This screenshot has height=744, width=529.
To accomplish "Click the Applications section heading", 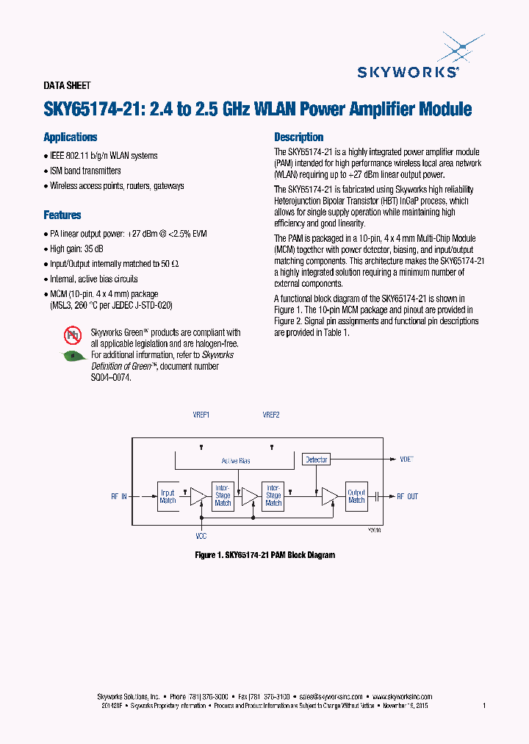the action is (71, 137).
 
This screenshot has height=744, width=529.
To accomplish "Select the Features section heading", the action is (62, 215).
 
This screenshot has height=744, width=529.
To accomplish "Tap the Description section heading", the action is (299, 137).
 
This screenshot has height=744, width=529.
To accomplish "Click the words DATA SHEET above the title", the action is (67, 86).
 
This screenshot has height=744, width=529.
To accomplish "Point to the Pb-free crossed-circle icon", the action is (73, 335).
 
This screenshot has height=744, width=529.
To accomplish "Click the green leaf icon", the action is (73, 356).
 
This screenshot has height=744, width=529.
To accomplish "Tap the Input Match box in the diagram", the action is (168, 496).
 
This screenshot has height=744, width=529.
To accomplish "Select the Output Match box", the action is (356, 496).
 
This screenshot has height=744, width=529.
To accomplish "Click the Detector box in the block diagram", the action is (316, 459).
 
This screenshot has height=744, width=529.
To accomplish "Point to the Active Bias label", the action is (236, 461).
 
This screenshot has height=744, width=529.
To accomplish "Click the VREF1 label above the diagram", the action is (201, 415).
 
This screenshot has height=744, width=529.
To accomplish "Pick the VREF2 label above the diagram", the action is (271, 415).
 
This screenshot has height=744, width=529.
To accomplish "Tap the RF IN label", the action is (119, 497).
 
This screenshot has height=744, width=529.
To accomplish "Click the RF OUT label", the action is (407, 497).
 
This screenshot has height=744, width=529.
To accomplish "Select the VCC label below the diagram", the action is (202, 537).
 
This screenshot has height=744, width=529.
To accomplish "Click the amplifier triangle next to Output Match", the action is (328, 497).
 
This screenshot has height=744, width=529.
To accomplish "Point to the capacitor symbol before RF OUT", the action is (376, 497).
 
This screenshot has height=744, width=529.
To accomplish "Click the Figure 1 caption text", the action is (264, 555).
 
